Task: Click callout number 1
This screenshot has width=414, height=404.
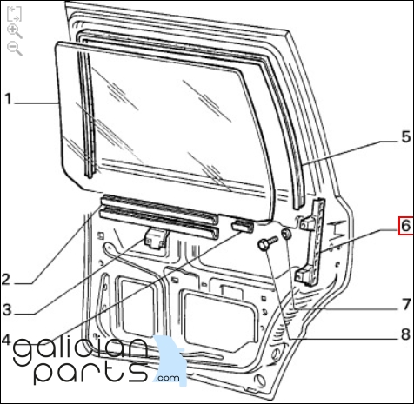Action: pyautogui.click(x=8, y=99)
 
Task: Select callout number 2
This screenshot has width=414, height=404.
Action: pyautogui.click(x=6, y=280)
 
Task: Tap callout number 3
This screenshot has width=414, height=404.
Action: pyautogui.click(x=7, y=309)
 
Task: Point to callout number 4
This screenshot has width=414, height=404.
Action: pyautogui.click(x=6, y=340)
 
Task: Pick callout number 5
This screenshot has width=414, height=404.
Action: pyautogui.click(x=406, y=136)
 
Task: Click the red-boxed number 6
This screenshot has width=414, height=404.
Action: pyautogui.click(x=406, y=226)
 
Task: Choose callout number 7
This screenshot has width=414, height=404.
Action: pyautogui.click(x=407, y=305)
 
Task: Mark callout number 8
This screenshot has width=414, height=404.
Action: pyautogui.click(x=406, y=334)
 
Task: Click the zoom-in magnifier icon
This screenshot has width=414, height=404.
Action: pyautogui.click(x=15, y=31)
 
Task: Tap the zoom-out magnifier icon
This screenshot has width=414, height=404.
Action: pyautogui.click(x=15, y=49)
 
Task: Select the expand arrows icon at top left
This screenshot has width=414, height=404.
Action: pyautogui.click(x=14, y=14)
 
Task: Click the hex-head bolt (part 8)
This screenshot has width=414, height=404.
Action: pyautogui.click(x=267, y=243)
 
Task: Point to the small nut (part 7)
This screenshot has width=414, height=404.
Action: pyautogui.click(x=287, y=234)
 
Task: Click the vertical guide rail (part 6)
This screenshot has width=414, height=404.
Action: pyautogui.click(x=312, y=242)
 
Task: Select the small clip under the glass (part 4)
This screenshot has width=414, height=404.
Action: pyautogui.click(x=243, y=225)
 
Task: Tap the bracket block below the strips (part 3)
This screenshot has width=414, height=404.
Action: pyautogui.click(x=156, y=238)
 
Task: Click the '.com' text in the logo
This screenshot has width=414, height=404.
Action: pyautogui.click(x=167, y=378)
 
